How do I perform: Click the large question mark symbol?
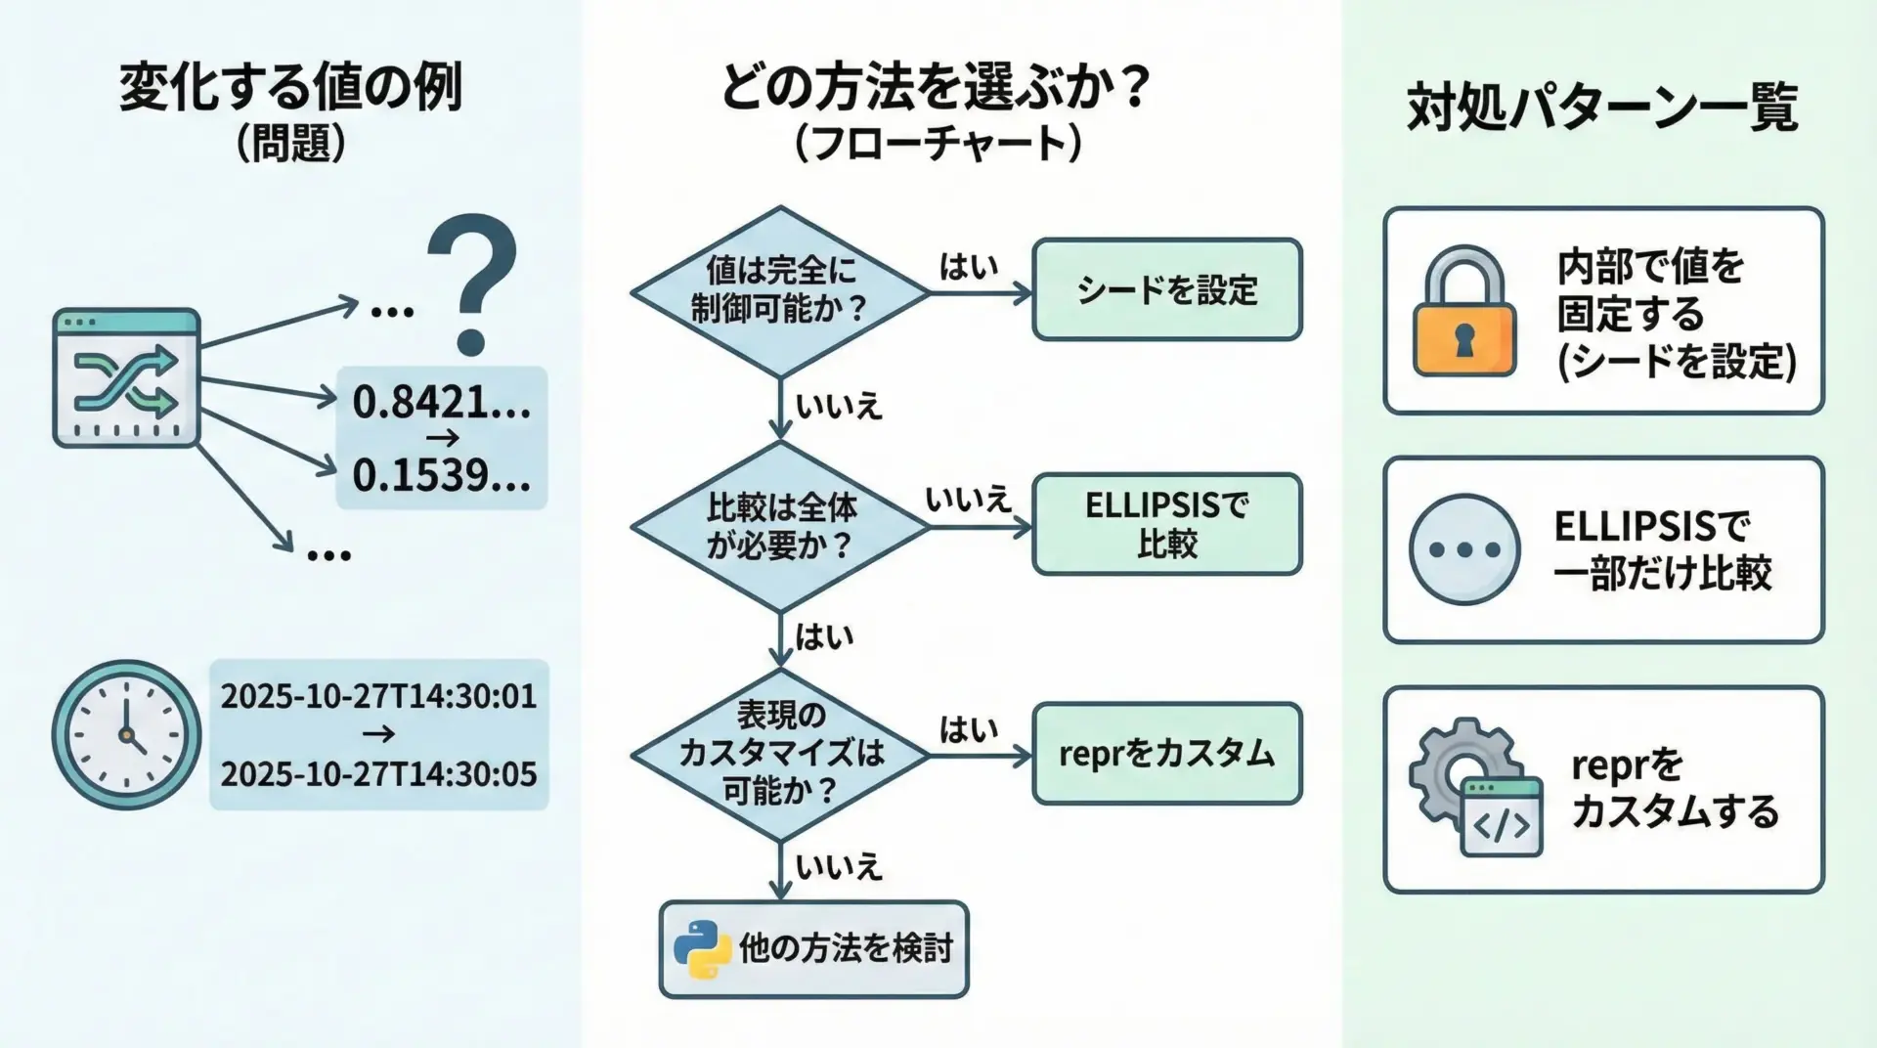(x=472, y=284)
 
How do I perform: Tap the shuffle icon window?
(x=126, y=378)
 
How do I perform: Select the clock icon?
(x=126, y=734)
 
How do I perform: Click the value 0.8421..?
(x=441, y=402)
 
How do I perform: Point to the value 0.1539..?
(x=441, y=475)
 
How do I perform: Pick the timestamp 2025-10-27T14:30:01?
(x=378, y=696)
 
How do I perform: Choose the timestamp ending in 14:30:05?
(x=378, y=774)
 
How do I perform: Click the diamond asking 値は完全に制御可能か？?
(x=779, y=291)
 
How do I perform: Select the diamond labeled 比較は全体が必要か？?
(x=779, y=527)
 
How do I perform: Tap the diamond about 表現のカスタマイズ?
(x=779, y=754)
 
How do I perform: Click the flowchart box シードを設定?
(x=1167, y=290)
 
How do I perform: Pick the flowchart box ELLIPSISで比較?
(x=1167, y=524)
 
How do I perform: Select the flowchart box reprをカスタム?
(x=1167, y=754)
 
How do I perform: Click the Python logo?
(x=702, y=949)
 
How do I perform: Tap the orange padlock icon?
(x=1464, y=313)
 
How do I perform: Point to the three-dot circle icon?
(x=1464, y=549)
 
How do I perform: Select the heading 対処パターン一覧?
(x=1602, y=108)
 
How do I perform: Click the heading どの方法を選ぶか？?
(x=936, y=88)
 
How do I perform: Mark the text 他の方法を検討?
(x=845, y=948)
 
